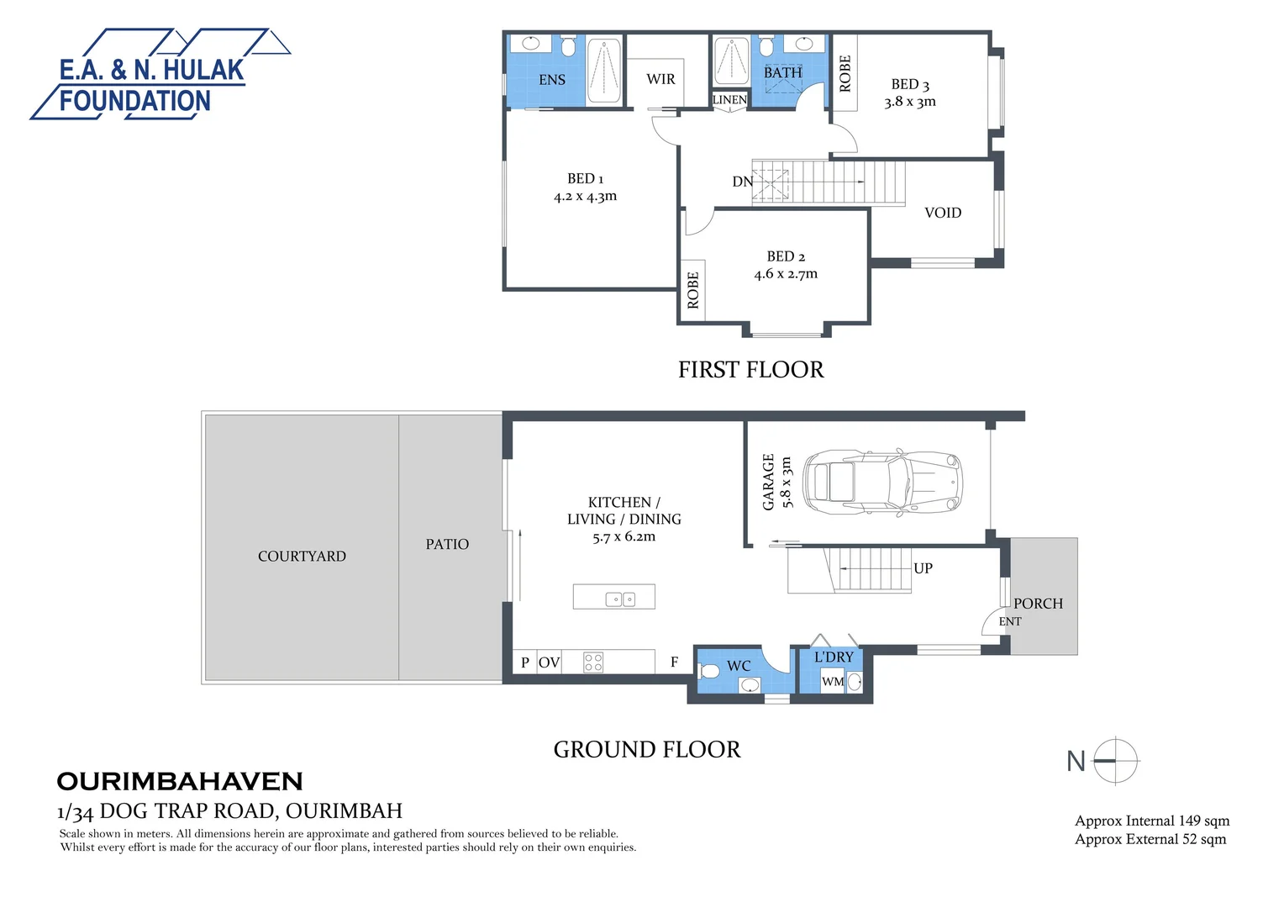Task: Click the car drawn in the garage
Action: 881,483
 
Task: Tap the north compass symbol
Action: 1114,761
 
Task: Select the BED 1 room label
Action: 585,179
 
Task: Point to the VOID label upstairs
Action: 942,213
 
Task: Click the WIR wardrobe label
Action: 660,79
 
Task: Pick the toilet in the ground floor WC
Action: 709,671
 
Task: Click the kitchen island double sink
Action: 621,599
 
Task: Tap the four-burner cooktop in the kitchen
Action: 593,662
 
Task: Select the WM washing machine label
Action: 832,682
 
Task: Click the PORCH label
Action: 1038,604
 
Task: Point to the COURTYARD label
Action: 302,557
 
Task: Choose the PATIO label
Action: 447,545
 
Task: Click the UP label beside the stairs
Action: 923,568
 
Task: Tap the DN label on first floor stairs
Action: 742,182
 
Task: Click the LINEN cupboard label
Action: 729,99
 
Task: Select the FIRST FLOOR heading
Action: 750,370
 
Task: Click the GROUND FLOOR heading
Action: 647,750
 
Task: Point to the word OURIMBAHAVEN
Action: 179,782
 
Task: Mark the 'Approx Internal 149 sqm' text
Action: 1151,821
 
